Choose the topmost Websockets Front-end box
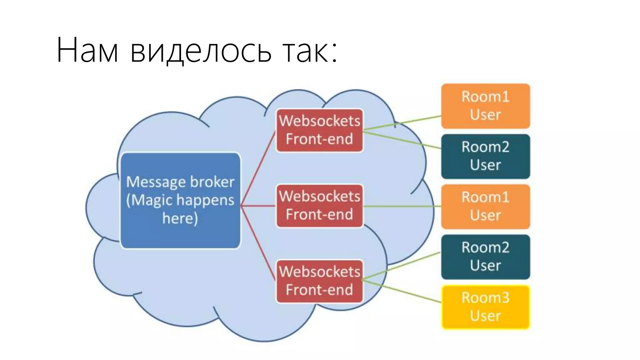[319, 130]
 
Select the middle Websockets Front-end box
[319, 205]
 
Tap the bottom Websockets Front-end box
[319, 281]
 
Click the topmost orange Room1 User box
[485, 106]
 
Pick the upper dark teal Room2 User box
[485, 156]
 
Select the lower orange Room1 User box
[485, 206]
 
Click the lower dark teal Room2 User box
[485, 257]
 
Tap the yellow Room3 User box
[485, 307]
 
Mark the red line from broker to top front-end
[258, 169]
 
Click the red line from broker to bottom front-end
[258, 241]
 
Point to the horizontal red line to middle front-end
[258, 206]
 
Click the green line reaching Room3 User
[403, 292]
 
